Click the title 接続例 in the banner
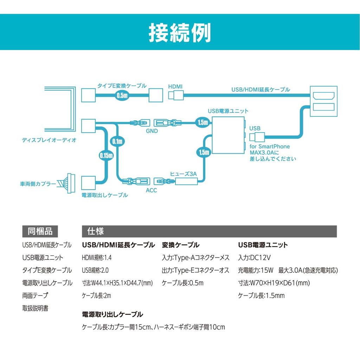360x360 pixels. tap(180, 33)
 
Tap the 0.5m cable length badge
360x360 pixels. tap(122, 95)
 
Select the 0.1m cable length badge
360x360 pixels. tap(117, 141)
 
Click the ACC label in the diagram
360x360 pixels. tap(151, 191)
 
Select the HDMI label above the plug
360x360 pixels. tap(175, 86)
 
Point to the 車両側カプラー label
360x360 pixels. tap(38, 184)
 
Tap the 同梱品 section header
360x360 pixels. tap(40, 231)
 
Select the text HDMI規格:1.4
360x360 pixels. tap(97, 258)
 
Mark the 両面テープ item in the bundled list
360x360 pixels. tap(35, 296)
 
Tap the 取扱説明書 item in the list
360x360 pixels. tap(35, 308)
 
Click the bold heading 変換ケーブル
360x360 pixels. tap(180, 245)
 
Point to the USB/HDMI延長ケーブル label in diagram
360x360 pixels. tap(261, 90)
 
